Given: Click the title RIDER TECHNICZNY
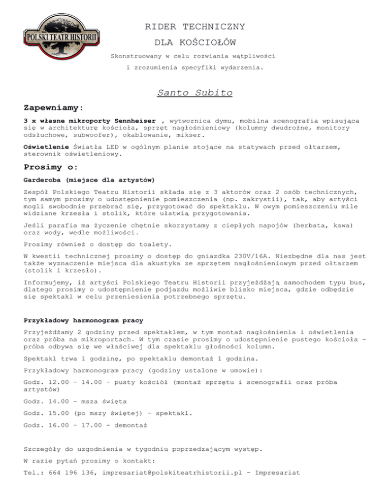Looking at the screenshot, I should point(195,26).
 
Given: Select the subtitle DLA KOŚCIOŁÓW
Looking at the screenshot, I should point(195,41).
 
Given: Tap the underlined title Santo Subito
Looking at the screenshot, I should point(188,93).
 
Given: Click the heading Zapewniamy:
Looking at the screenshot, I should point(53,108).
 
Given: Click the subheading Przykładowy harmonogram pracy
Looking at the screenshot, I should point(83,320).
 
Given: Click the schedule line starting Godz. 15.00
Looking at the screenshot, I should point(108,413).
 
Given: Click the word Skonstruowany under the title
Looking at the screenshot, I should point(138,55).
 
